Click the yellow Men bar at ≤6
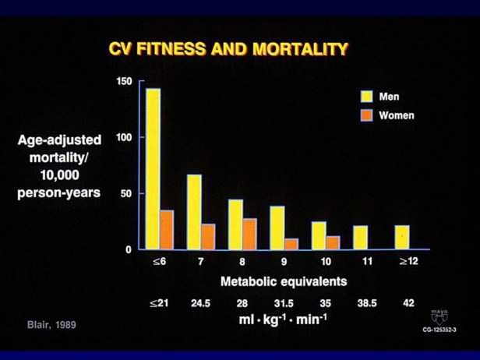(x=153, y=168)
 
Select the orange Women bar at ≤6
(x=167, y=229)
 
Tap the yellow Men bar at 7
(x=194, y=211)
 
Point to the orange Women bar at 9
(x=291, y=244)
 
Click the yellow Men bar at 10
(x=318, y=235)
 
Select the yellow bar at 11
(x=360, y=238)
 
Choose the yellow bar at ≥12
(x=401, y=237)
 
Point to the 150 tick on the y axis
(x=124, y=81)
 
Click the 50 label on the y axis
(x=126, y=193)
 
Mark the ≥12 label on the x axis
(x=408, y=261)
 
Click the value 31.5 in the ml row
(x=284, y=303)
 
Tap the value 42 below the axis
(x=408, y=303)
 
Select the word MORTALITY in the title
(x=299, y=50)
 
